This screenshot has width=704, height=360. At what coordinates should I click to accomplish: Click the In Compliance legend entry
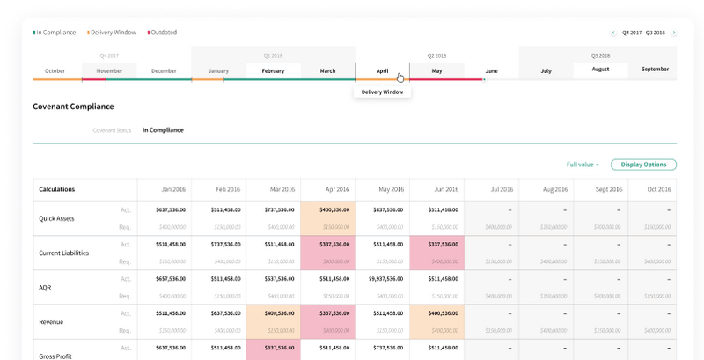point(55,33)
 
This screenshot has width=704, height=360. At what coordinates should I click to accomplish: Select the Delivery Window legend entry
point(113,33)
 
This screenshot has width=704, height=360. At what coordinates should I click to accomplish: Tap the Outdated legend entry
point(162,33)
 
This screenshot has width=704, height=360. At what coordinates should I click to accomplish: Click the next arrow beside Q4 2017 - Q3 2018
point(674,33)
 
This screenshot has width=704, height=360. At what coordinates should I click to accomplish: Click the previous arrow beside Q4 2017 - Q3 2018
point(613,33)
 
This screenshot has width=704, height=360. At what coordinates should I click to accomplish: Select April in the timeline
point(382,70)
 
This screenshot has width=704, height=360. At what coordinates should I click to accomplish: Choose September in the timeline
point(655,69)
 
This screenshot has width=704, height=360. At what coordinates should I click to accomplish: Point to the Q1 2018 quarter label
point(273,55)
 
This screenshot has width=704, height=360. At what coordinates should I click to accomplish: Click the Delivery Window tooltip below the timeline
point(382,92)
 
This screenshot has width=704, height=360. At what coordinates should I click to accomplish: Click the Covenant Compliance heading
point(73,107)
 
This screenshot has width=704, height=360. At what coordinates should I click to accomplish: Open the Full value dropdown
point(583,165)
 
